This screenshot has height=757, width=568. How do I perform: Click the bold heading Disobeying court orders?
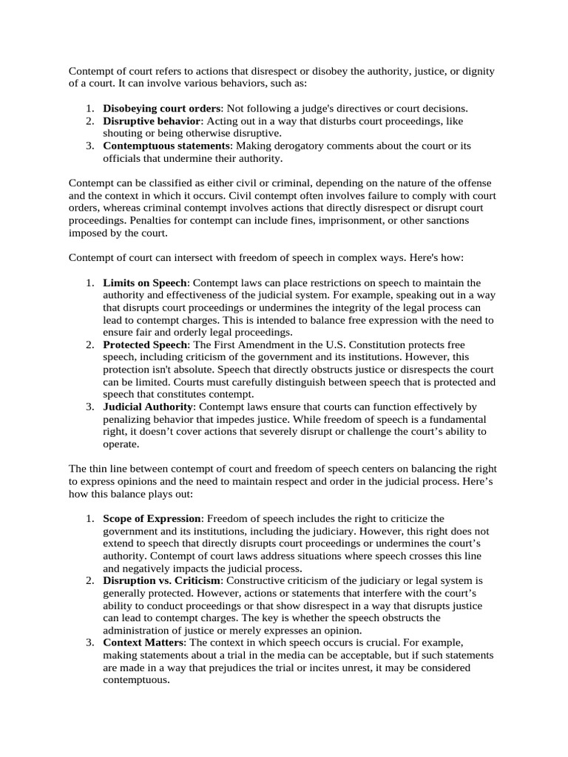point(161,108)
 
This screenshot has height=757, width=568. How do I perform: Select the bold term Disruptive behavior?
point(152,120)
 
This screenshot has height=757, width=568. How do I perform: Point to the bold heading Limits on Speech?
point(146,283)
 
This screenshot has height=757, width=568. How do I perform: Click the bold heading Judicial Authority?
point(148,407)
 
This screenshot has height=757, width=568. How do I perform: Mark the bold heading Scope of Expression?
point(152,518)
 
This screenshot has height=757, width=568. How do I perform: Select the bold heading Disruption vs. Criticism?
point(161,580)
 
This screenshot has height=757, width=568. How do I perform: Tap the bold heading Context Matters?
point(142,643)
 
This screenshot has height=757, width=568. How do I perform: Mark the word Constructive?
point(254,580)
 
